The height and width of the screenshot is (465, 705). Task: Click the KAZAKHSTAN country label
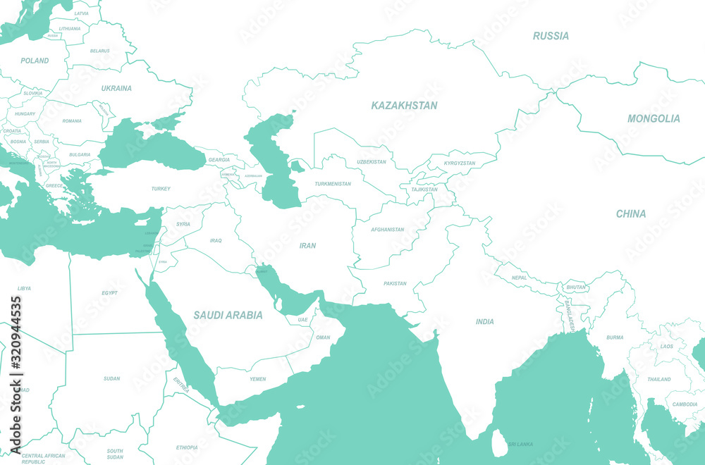click(x=404, y=106)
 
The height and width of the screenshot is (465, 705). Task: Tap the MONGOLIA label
click(x=654, y=118)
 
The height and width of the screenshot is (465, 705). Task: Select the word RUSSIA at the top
click(x=551, y=36)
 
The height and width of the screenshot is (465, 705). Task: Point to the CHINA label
click(x=630, y=213)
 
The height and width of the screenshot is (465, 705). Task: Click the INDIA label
click(x=484, y=322)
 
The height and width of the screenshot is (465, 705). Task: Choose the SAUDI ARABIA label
click(x=228, y=315)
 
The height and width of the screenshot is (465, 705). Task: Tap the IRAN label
click(x=307, y=246)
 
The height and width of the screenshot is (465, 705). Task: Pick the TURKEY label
click(x=161, y=189)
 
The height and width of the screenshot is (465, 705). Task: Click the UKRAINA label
click(x=116, y=89)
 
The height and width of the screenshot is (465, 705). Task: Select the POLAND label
click(x=35, y=61)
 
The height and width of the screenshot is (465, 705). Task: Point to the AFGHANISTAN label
click(x=388, y=230)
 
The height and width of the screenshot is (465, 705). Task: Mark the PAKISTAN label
click(x=395, y=284)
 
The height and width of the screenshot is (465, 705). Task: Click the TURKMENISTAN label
click(x=333, y=184)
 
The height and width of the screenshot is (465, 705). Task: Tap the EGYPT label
click(x=109, y=292)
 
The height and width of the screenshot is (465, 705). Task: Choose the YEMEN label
click(x=257, y=379)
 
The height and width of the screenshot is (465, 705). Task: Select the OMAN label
click(x=323, y=337)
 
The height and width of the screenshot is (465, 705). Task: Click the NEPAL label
click(x=519, y=278)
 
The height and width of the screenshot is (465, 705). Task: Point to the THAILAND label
click(x=659, y=379)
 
